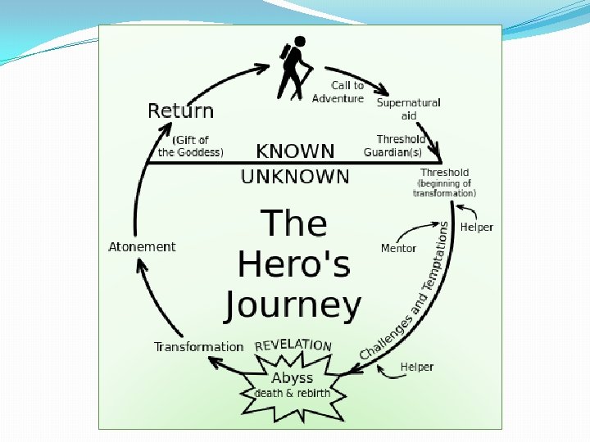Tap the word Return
[180, 110]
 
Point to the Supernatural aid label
[408, 109]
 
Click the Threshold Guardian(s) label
[395, 146]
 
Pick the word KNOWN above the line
[295, 151]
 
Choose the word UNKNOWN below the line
[295, 176]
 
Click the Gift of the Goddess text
[190, 146]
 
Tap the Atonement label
[142, 246]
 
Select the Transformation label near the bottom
[198, 346]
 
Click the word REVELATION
[293, 345]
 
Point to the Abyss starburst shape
[292, 386]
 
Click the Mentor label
[398, 248]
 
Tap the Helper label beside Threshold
[477, 227]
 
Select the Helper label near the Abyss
[417, 367]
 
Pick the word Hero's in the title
[293, 264]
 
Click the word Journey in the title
[293, 304]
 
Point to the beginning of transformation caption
[445, 188]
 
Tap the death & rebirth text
[292, 393]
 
